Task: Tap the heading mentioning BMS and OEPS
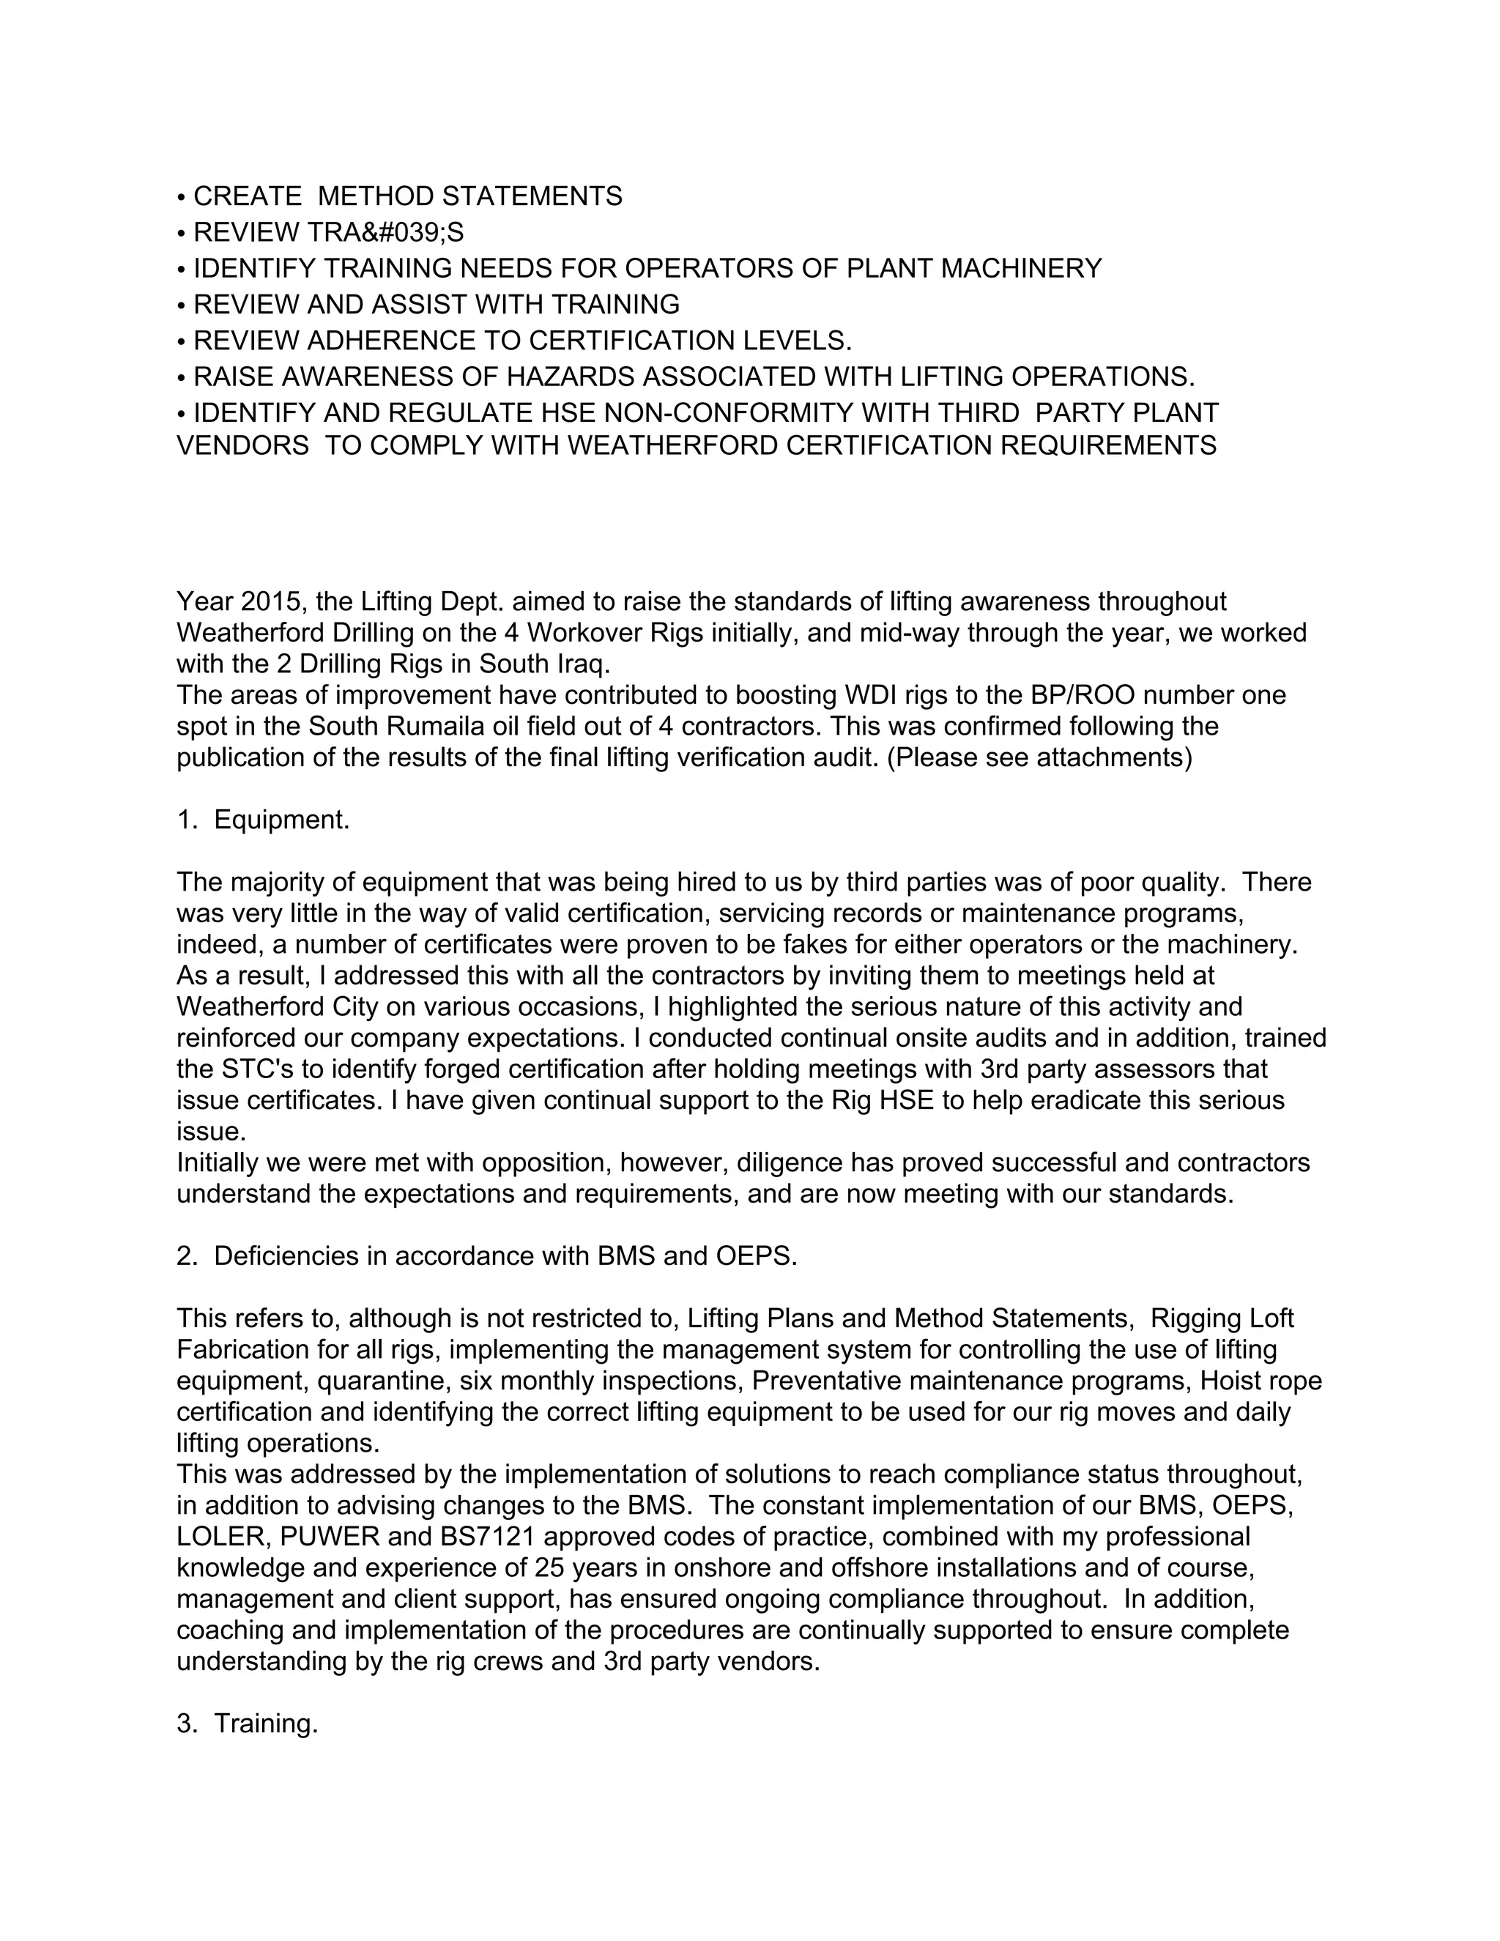[487, 1255]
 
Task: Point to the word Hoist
[1230, 1381]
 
